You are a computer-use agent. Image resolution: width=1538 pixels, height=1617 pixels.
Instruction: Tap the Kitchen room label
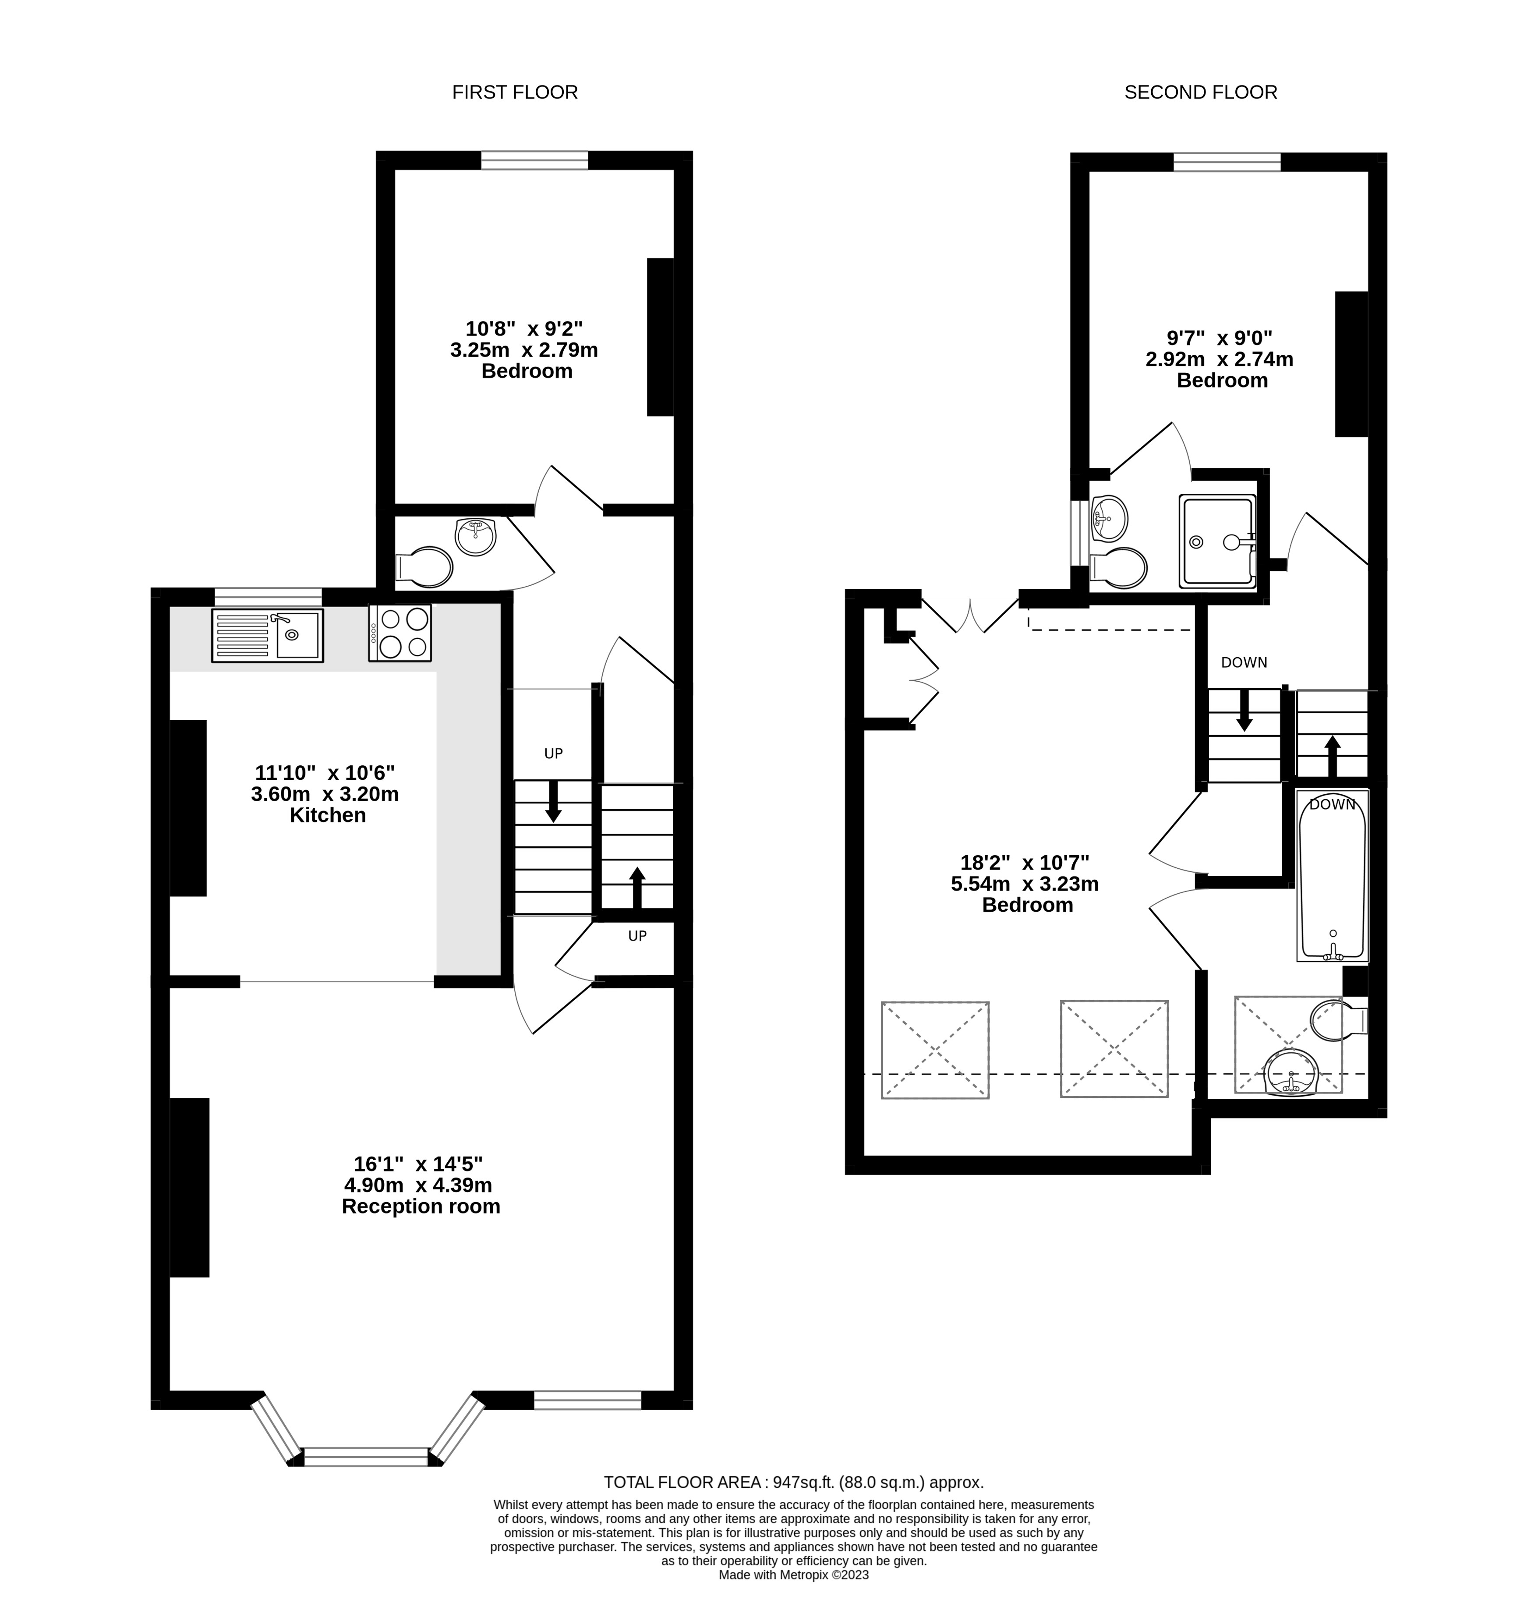[x=328, y=815]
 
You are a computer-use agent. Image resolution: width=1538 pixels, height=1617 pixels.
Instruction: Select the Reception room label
[x=421, y=1206]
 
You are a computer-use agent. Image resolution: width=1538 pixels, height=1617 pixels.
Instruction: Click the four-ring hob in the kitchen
[x=400, y=632]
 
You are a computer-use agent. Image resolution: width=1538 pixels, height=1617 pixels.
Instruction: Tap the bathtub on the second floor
[x=1332, y=876]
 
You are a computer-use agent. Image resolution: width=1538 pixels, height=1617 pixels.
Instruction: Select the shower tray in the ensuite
[x=1217, y=541]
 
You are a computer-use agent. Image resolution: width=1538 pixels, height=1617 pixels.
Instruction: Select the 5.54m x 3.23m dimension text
[x=1025, y=884]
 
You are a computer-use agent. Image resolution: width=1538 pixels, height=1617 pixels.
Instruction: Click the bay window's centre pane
[x=366, y=1457]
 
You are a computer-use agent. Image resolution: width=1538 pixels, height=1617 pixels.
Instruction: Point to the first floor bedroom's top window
[x=534, y=160]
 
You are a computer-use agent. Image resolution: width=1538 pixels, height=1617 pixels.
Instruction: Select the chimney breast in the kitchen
[x=188, y=808]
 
